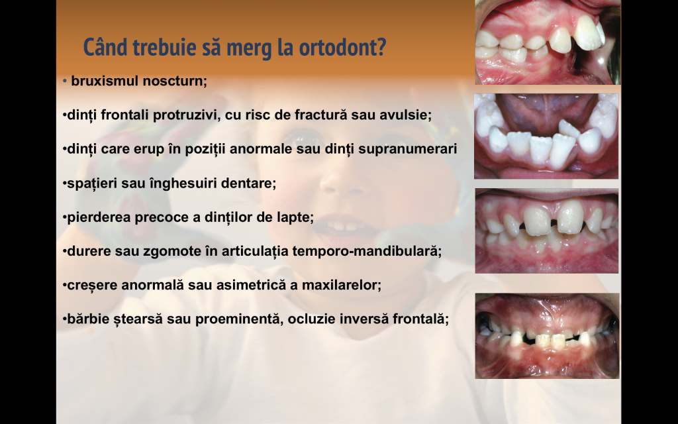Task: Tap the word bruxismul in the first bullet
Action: click(105, 81)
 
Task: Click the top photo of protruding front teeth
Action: click(548, 42)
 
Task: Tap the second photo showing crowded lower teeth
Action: click(546, 136)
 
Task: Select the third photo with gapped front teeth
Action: click(546, 231)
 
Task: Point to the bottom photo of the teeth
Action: click(547, 336)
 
